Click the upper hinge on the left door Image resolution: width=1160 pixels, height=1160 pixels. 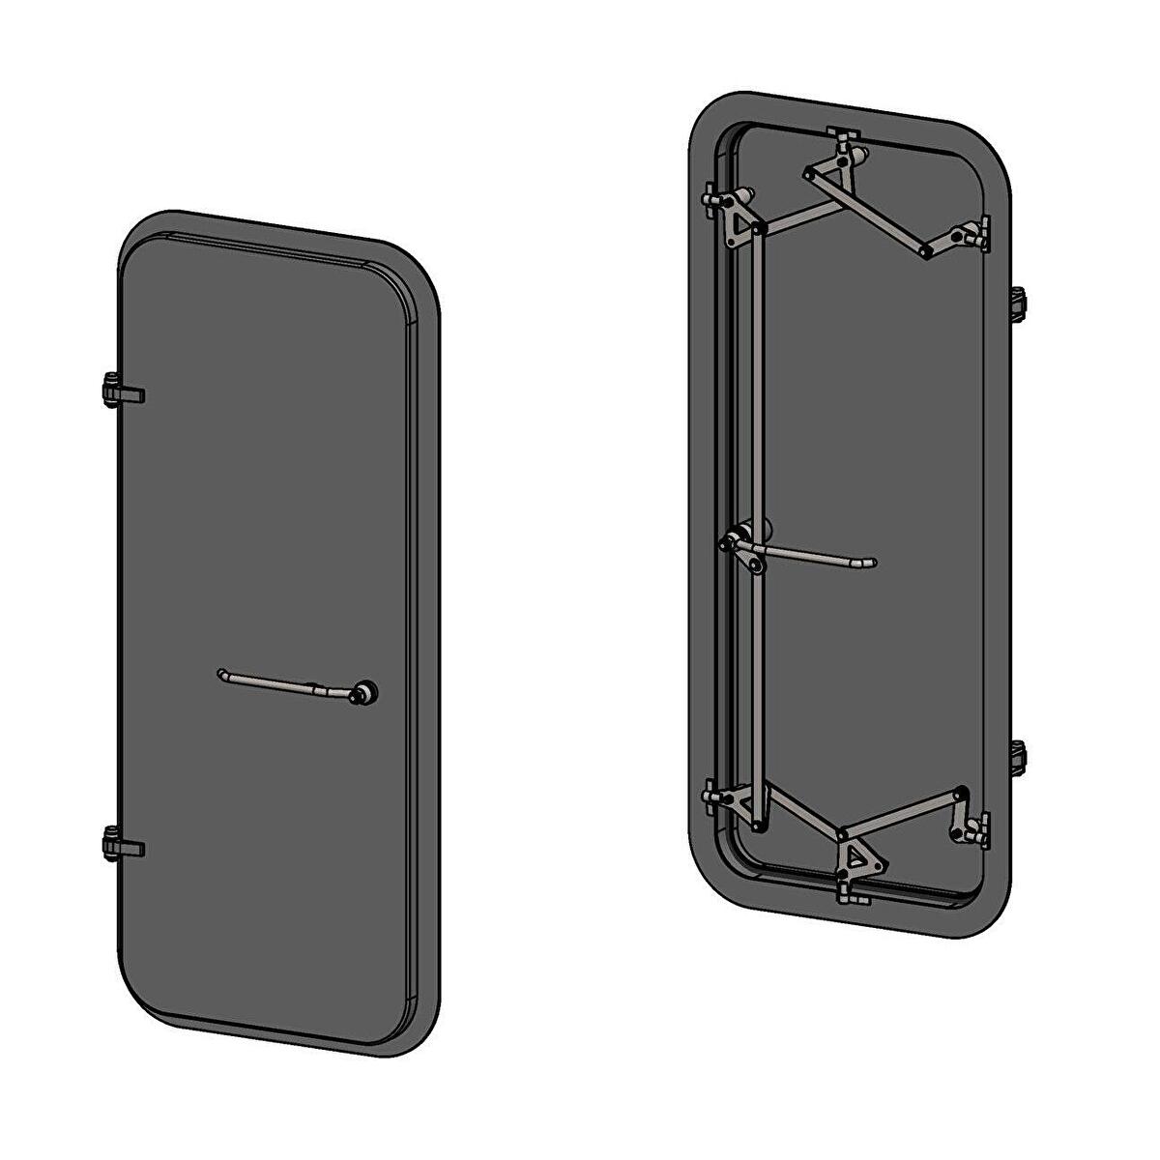coord(120,391)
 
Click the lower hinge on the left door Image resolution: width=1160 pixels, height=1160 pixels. coord(120,844)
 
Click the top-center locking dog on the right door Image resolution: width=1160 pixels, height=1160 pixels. coord(843,141)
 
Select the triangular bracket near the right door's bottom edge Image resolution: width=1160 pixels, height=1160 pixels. coord(856,856)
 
